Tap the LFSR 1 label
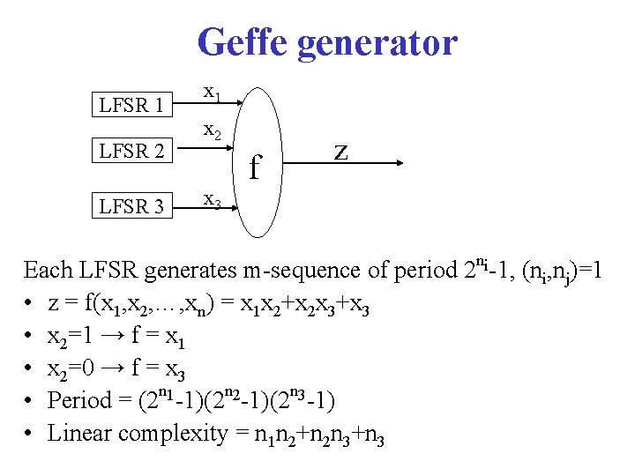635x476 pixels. pyautogui.click(x=131, y=106)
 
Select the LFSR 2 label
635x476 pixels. pyautogui.click(x=131, y=152)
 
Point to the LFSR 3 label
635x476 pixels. pyautogui.click(x=131, y=207)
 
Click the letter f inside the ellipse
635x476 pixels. pyautogui.click(x=255, y=164)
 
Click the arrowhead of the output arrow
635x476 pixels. pyautogui.click(x=399, y=163)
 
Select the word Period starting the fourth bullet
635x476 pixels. pyautogui.click(x=78, y=401)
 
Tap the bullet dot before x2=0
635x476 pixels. pyautogui.click(x=30, y=368)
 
